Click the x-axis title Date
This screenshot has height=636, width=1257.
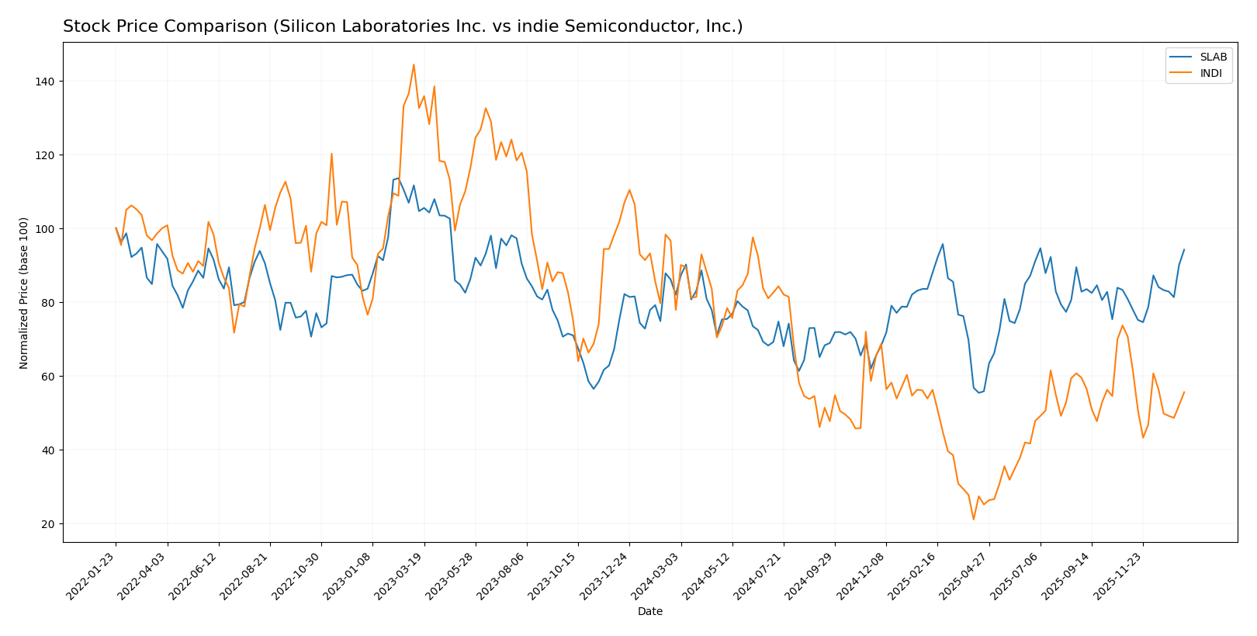[650, 612]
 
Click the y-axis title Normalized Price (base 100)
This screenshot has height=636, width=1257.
[24, 293]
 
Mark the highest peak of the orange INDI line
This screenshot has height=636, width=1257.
[414, 64]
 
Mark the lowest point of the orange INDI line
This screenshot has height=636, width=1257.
[974, 520]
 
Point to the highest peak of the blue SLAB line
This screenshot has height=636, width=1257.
[399, 179]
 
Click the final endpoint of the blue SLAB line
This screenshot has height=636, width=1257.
[1184, 250]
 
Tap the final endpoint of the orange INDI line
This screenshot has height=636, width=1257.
[1184, 392]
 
